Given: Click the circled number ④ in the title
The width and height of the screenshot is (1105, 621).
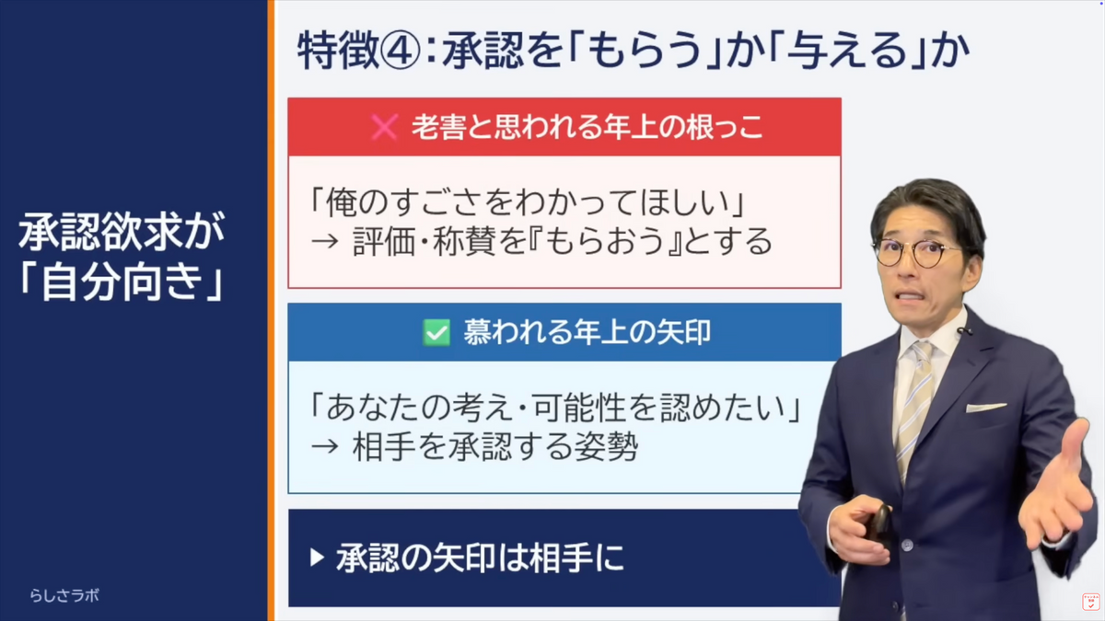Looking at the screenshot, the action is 400,51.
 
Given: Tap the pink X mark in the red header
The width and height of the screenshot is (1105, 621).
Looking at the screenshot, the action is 384,128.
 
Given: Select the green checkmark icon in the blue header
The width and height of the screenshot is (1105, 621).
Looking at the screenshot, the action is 436,333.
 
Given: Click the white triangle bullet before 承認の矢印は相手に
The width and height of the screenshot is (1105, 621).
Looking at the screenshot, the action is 317,558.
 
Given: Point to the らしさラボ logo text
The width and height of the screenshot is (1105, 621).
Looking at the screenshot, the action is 64,595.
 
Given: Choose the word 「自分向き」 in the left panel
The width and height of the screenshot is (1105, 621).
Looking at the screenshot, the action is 121,282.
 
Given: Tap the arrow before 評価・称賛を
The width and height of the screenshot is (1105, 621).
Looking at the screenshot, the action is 325,242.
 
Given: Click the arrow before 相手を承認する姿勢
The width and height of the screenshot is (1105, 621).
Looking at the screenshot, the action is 325,446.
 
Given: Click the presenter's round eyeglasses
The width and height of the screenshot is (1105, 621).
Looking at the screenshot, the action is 916,252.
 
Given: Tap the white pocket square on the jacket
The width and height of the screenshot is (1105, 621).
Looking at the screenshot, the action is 986,407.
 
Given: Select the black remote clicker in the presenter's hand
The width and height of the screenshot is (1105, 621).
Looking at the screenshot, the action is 878,523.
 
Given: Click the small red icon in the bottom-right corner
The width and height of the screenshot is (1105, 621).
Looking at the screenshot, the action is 1090,602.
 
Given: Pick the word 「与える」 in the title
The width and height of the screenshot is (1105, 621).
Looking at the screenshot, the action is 847,51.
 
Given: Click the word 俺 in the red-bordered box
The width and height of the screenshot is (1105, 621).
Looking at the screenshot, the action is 341,202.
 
